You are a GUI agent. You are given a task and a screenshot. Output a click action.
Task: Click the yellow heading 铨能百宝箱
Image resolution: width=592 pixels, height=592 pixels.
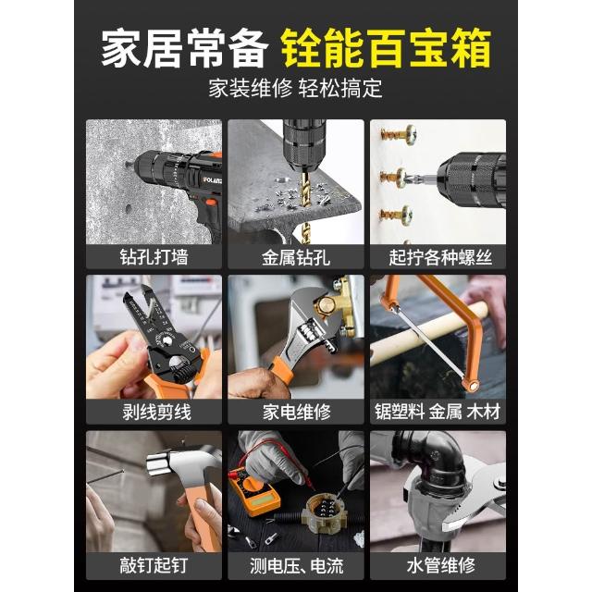pyautogui.click(x=386, y=48)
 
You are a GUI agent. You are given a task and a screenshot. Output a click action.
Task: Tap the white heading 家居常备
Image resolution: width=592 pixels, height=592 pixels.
pyautogui.click(x=185, y=48)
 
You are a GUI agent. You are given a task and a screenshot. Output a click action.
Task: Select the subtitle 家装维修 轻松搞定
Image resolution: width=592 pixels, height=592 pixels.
pyautogui.click(x=296, y=88)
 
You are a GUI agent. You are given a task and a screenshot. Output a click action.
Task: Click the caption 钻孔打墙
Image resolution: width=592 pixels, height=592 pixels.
pyautogui.click(x=154, y=257)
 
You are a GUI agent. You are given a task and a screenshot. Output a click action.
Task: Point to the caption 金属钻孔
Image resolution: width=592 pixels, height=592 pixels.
pyautogui.click(x=296, y=257)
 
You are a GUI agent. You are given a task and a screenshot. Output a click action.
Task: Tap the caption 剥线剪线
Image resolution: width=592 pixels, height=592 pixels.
pyautogui.click(x=156, y=412)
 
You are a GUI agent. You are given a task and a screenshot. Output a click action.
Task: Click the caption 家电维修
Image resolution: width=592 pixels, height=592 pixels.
pyautogui.click(x=297, y=412)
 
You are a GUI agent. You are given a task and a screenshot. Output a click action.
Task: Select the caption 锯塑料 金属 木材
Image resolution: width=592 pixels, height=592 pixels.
pyautogui.click(x=438, y=411)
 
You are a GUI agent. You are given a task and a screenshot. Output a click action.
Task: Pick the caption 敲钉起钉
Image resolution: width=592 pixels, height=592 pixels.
pyautogui.click(x=154, y=565)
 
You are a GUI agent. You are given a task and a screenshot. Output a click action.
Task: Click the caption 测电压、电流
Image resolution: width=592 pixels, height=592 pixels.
pyautogui.click(x=297, y=566)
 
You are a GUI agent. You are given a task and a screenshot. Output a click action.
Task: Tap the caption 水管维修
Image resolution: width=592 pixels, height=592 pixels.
pyautogui.click(x=440, y=565)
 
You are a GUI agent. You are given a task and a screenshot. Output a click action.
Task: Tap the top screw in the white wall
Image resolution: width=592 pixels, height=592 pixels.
pyautogui.click(x=399, y=135)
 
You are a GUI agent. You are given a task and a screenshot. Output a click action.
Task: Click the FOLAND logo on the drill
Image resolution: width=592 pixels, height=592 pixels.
pyautogui.click(x=213, y=179)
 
